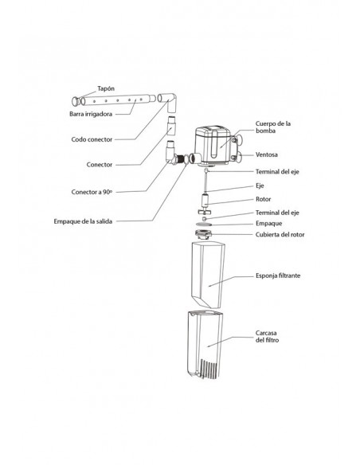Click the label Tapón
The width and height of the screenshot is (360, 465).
[x=106, y=88]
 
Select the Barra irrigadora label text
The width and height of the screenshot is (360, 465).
[x=91, y=114]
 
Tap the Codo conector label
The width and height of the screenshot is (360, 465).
[x=92, y=139]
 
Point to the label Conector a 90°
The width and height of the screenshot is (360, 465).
[x=92, y=192]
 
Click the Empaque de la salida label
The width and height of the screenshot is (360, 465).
[x=83, y=221]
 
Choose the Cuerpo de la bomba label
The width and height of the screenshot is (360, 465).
[x=273, y=127]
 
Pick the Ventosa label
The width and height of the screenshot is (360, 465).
[x=267, y=154]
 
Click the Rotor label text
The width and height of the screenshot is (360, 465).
[x=263, y=199]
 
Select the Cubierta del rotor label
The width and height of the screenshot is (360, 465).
[x=280, y=235]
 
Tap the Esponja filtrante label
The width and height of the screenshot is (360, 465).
[x=278, y=275]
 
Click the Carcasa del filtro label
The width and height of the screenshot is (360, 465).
[x=267, y=337]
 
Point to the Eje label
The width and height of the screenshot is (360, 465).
[x=260, y=186]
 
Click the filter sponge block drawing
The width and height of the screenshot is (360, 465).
[x=208, y=275]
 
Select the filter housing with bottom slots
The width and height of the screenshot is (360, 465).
[x=205, y=345]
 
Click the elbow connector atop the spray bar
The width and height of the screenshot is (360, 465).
[x=168, y=101]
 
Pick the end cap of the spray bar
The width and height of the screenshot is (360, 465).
[x=76, y=101]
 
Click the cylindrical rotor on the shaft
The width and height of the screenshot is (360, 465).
[x=205, y=201]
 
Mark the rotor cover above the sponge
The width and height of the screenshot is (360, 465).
[x=203, y=234]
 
